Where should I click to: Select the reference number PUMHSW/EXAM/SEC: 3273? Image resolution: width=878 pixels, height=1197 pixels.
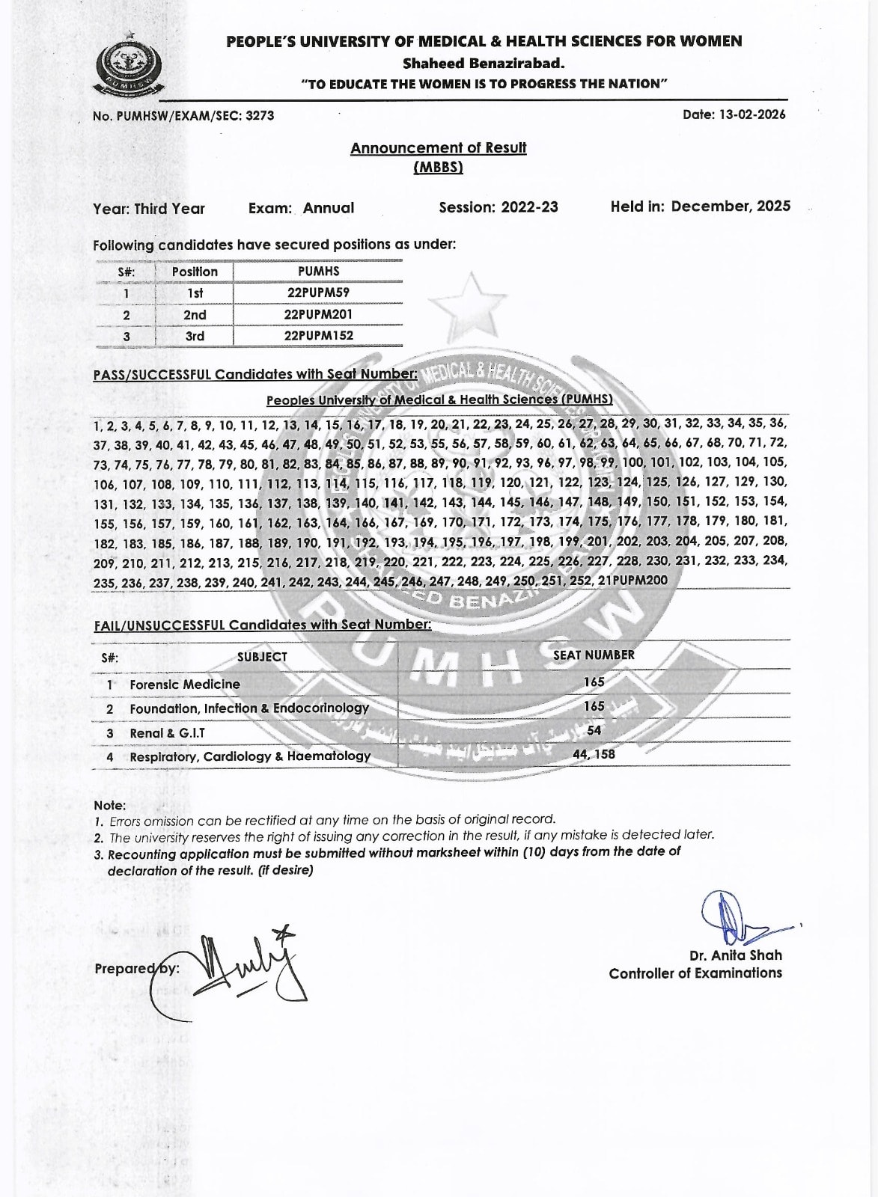(183, 116)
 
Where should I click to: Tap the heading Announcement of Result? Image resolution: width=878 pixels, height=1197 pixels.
(438, 148)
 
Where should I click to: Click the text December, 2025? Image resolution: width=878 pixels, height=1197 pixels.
(731, 206)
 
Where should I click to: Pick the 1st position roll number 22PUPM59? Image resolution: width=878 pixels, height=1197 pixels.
(318, 293)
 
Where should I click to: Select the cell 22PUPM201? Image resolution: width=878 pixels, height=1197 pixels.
(318, 315)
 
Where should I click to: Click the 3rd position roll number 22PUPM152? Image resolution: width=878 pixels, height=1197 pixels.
(318, 336)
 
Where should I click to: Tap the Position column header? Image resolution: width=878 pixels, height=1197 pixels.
(195, 272)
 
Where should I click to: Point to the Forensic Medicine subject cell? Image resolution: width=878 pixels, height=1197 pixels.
(185, 684)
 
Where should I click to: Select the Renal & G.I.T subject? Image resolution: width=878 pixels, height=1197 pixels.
(167, 733)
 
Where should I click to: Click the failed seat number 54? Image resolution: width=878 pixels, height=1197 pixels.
(594, 730)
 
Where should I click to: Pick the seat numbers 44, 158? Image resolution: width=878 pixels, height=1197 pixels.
(594, 754)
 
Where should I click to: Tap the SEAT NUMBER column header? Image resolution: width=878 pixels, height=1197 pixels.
(594, 655)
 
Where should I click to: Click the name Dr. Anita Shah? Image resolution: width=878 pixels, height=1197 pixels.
(735, 955)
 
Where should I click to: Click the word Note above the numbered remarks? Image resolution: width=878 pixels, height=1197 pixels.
(109, 806)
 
